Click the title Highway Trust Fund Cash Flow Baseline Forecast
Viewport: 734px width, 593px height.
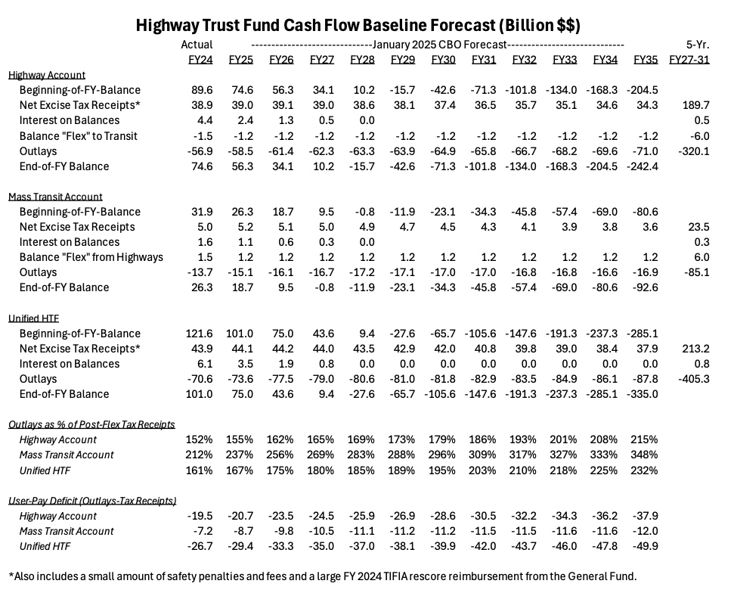[358, 26]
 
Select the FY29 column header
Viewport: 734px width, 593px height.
[404, 60]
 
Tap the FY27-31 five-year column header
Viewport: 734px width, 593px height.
[689, 60]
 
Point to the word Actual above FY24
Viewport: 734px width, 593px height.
[197, 45]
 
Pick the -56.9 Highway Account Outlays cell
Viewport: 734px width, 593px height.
[200, 151]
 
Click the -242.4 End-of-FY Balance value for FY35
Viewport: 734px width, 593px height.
[643, 166]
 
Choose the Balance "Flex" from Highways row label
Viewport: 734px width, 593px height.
[91, 257]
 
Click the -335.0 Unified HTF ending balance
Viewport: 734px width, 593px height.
[643, 394]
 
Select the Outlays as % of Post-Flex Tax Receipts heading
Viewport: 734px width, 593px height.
[91, 424]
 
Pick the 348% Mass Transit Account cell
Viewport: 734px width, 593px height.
[645, 455]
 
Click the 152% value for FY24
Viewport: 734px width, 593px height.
[200, 439]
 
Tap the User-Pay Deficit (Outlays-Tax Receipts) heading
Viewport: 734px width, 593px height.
[91, 501]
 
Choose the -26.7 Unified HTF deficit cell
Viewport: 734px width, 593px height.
[200, 546]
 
